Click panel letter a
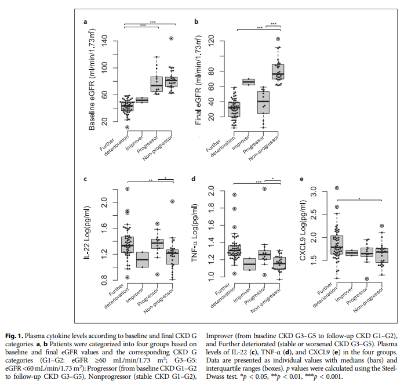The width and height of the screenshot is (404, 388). (x=85, y=21)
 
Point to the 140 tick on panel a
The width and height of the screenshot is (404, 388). (x=105, y=41)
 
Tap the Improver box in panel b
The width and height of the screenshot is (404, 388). (x=248, y=82)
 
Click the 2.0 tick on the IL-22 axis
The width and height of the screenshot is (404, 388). (x=105, y=202)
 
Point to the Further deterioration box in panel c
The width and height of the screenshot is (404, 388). (x=127, y=245)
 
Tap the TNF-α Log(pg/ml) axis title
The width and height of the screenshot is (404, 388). (x=196, y=235)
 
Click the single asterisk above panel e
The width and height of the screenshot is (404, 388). (x=359, y=198)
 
